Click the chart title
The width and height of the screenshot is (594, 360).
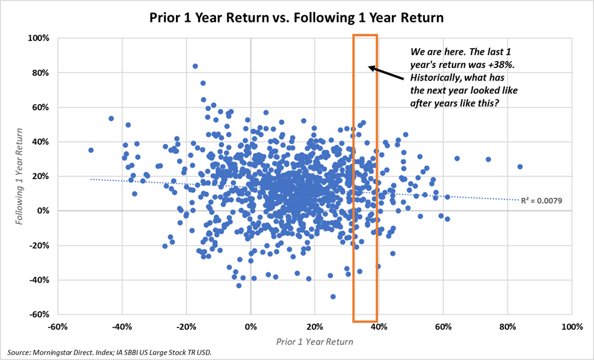297,17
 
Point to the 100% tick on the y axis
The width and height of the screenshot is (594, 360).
38,38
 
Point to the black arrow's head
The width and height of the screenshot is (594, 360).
369,67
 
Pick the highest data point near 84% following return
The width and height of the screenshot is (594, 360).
195,66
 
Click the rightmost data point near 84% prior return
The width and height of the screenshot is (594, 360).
520,167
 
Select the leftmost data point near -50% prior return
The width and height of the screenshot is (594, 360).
90,150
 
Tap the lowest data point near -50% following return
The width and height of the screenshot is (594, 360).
333,296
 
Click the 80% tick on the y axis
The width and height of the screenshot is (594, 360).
40,72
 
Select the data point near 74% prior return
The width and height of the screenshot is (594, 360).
488,159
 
